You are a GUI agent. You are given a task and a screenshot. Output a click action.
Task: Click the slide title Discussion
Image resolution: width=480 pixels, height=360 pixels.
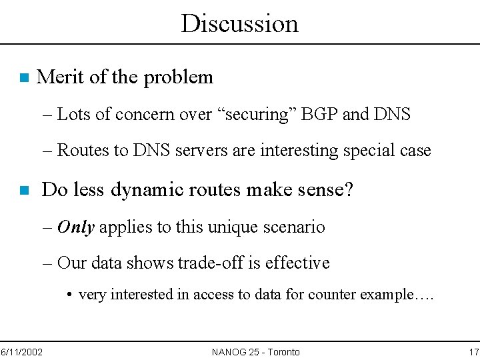click(239, 23)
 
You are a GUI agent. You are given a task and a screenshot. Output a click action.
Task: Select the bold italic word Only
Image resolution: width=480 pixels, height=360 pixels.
click(75, 227)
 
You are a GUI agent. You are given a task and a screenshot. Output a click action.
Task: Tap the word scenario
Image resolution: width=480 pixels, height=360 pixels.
click(295, 227)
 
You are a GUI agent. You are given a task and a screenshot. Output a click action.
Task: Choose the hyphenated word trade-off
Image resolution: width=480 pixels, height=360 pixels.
click(211, 263)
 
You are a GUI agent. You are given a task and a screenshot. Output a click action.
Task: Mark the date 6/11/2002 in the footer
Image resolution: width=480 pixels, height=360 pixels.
click(21, 352)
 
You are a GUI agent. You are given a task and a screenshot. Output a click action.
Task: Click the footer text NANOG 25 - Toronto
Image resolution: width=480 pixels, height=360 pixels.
click(255, 352)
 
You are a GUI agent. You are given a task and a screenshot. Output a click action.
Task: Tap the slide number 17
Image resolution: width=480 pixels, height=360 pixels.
click(473, 352)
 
